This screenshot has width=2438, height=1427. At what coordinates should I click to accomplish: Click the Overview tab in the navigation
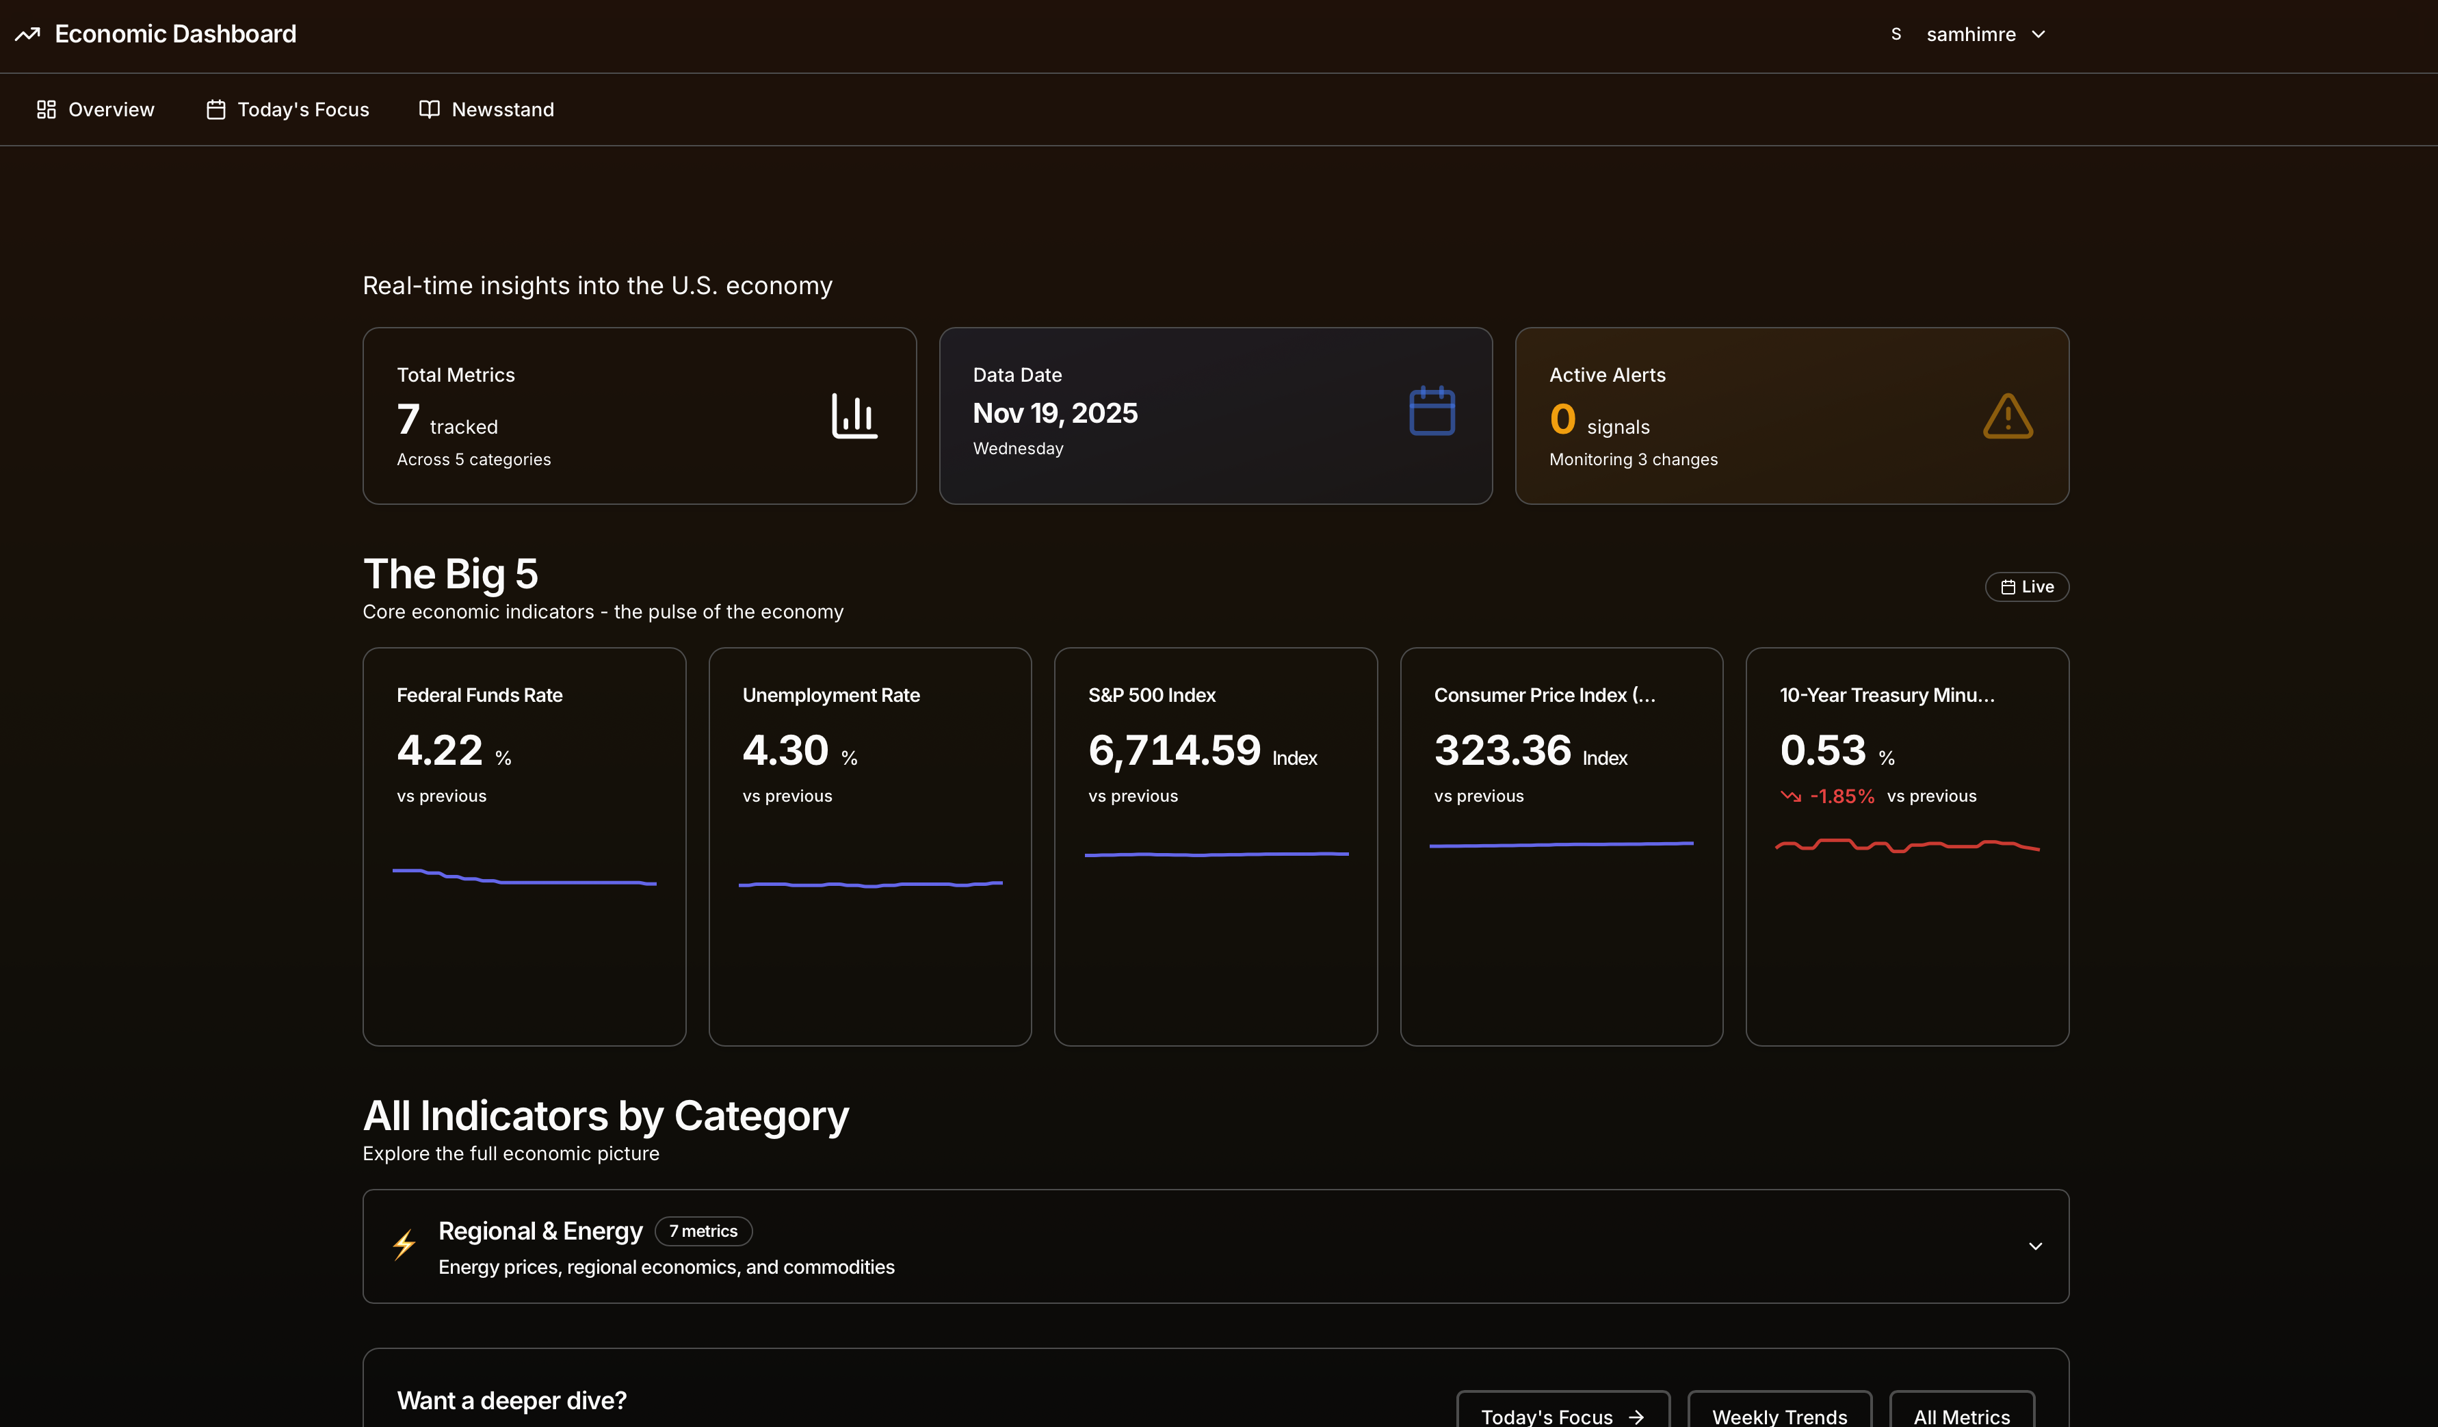(95, 109)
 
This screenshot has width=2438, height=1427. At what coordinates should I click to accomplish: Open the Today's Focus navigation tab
(287, 109)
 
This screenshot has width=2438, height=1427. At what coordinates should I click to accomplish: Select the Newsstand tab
(486, 109)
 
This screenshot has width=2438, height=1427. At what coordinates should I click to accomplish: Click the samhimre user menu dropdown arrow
(2039, 35)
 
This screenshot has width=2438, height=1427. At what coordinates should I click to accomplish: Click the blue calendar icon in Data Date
(1432, 411)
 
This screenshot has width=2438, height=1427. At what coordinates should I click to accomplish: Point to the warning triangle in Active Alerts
(2008, 417)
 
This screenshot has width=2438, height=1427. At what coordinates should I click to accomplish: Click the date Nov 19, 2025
(1055, 413)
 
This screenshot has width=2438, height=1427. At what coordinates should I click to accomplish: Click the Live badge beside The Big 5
(2027, 587)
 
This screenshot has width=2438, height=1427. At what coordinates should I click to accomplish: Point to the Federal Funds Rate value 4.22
(439, 750)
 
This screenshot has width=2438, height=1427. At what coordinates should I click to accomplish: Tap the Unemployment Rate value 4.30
(785, 750)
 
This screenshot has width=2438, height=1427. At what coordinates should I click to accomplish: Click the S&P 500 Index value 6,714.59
(1174, 750)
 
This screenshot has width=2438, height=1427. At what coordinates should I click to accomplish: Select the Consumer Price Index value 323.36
(1502, 750)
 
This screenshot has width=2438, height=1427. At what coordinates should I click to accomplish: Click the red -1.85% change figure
(1841, 796)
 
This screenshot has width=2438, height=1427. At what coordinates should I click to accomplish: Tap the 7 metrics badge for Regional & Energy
(703, 1231)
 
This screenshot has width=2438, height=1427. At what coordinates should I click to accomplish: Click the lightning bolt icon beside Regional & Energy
(404, 1245)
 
